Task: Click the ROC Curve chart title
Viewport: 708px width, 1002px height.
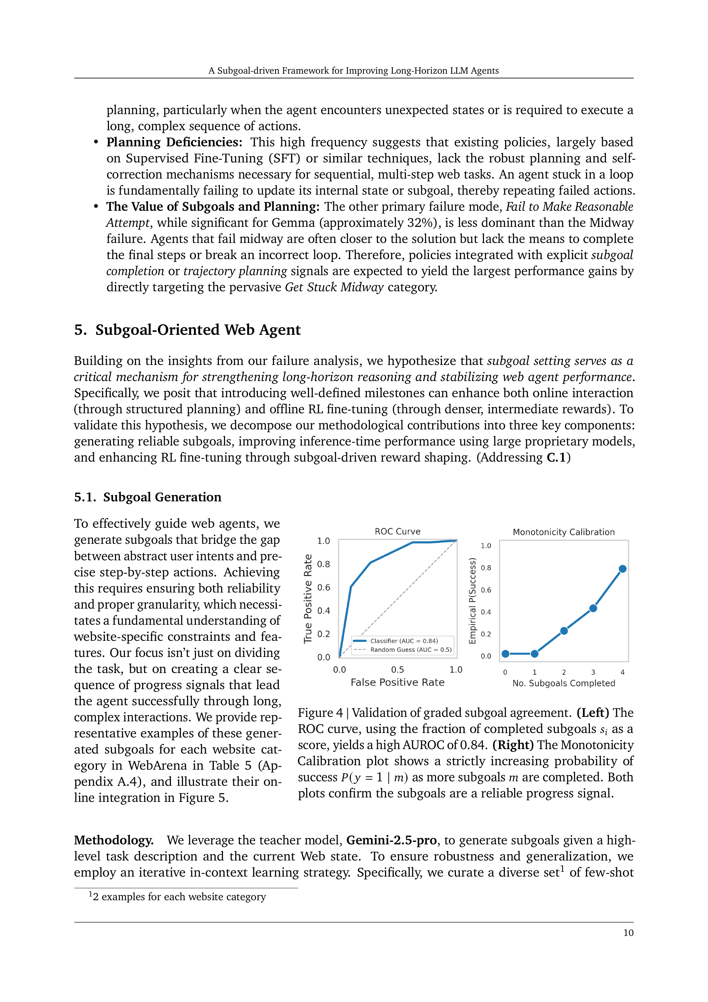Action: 397,531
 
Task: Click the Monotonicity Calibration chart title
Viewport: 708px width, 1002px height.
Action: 563,531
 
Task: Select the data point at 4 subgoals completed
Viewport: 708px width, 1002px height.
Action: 622,569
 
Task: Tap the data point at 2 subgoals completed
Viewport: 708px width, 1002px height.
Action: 563,631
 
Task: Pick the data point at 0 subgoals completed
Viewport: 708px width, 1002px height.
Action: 505,653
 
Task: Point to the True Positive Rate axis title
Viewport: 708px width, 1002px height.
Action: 308,598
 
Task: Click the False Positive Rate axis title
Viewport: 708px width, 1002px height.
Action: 397,682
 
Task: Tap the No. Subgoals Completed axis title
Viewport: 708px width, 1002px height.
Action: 563,683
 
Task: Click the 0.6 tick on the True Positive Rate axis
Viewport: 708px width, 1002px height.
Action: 323,587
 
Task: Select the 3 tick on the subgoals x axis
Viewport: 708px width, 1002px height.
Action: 593,672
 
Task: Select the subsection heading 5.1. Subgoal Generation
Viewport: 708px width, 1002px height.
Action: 147,497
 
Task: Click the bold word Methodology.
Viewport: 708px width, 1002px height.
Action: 113,840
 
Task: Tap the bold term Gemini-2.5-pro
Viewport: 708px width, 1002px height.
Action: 391,840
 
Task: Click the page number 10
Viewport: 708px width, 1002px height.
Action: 628,933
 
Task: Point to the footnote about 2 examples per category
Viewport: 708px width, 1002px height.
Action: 178,897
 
